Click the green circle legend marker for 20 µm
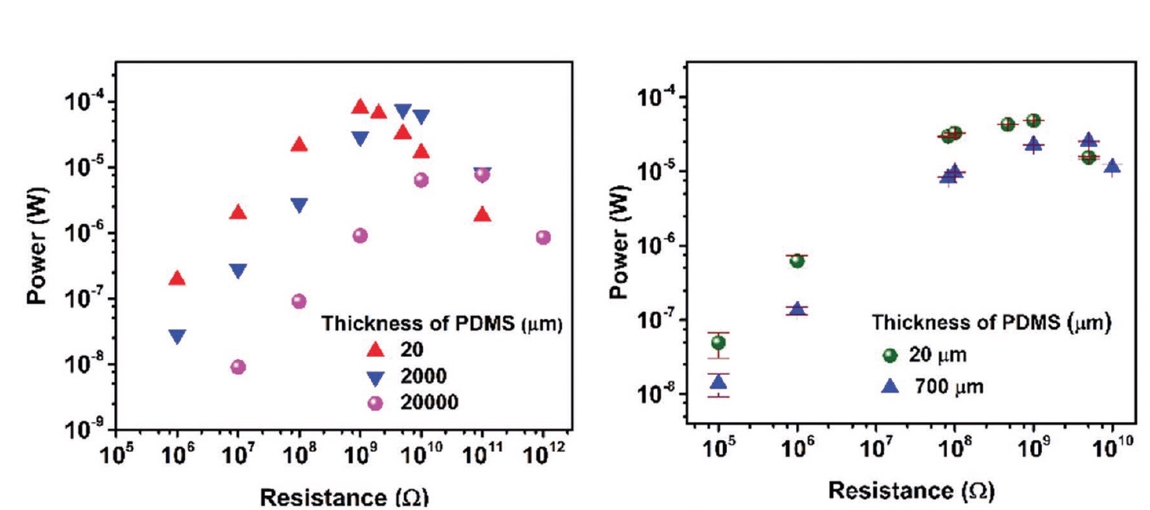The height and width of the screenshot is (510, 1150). tap(891, 356)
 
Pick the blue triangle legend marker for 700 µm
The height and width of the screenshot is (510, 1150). tap(891, 386)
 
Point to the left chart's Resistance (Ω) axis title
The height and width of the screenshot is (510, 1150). tap(343, 497)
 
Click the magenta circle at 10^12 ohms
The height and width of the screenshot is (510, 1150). tap(544, 237)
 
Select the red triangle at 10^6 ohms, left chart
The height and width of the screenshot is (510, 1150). tap(177, 278)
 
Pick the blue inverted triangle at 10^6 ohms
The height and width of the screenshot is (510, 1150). tap(177, 337)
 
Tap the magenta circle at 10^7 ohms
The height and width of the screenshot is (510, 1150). tap(238, 367)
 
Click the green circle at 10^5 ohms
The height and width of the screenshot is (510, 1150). tap(718, 342)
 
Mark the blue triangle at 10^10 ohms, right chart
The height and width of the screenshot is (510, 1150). tap(1113, 166)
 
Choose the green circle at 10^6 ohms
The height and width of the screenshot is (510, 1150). tap(797, 260)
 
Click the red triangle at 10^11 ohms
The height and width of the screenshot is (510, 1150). tap(482, 215)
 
